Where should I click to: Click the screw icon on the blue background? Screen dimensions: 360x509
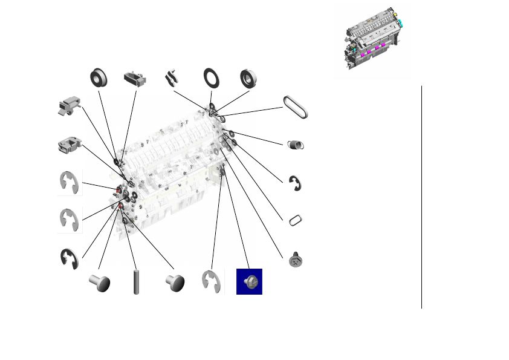point(249,281)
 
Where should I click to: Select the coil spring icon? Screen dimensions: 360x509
point(296,144)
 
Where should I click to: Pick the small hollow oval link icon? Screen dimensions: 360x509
point(296,220)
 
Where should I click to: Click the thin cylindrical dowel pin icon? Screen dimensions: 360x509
point(136,282)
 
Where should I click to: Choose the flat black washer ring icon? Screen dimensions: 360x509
point(212,77)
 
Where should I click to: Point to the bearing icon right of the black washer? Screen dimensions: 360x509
point(248,77)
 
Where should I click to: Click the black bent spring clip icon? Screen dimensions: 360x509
point(172,77)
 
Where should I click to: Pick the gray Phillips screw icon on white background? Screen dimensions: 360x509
point(296,260)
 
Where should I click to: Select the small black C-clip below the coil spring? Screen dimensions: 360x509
point(296,183)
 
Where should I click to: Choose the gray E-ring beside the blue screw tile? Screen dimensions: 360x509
point(212,281)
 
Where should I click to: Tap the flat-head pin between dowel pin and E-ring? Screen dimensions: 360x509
point(174,282)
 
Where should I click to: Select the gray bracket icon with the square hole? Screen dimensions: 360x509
point(70,145)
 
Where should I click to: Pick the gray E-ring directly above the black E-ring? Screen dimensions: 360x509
point(70,220)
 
